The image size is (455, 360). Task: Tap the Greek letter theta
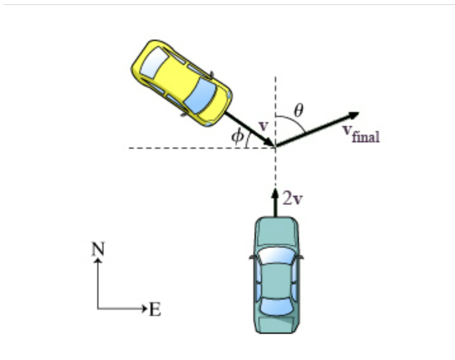(299, 110)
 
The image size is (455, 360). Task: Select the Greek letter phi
(239, 135)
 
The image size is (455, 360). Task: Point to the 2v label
(293, 199)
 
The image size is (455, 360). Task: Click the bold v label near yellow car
(263, 126)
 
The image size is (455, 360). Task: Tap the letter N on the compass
(98, 248)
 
